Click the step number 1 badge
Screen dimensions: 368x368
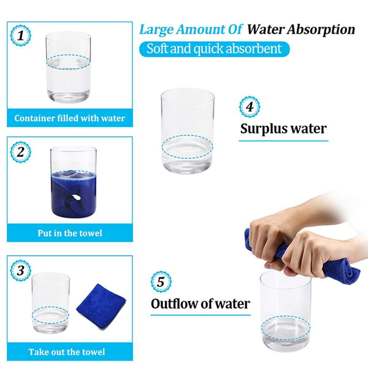point(20,36)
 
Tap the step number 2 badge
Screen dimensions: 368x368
point(20,152)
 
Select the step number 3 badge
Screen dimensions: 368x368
point(20,270)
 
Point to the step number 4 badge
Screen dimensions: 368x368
point(249,106)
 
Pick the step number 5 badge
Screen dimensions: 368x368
point(161,282)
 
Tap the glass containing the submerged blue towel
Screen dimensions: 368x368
point(73,182)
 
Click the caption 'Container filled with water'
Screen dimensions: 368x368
point(70,118)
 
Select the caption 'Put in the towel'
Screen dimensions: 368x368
point(70,233)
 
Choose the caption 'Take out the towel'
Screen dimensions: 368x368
point(67,352)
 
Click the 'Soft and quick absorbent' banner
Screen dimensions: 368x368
point(214,49)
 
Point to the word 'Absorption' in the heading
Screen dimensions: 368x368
point(321,30)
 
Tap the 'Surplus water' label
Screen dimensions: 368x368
point(283,129)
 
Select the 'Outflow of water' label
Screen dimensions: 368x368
point(200,304)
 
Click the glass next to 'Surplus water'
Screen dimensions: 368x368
point(188,131)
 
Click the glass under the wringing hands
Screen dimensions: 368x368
point(286,311)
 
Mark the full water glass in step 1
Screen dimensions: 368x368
point(68,67)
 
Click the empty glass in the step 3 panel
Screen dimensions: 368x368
point(50,303)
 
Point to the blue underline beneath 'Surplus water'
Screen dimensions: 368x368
point(284,141)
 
